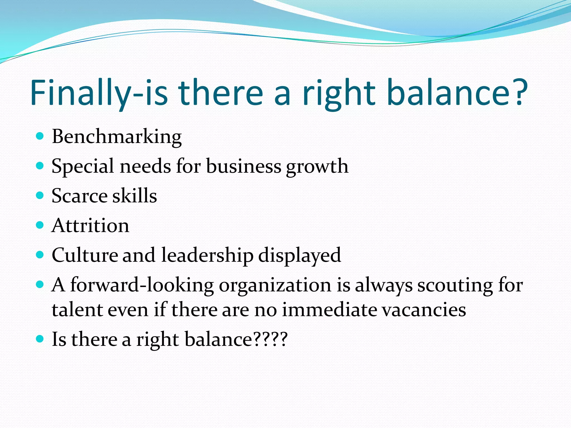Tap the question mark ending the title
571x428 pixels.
tap(519, 92)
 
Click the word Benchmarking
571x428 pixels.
tap(117, 137)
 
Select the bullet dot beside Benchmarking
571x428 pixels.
tap(40, 136)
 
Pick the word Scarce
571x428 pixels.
tap(79, 196)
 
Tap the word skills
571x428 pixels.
tap(135, 196)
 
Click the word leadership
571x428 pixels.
tap(207, 255)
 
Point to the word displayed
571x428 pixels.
tap(299, 255)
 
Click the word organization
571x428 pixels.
tap(275, 286)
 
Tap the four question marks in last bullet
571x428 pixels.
tap(270, 339)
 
